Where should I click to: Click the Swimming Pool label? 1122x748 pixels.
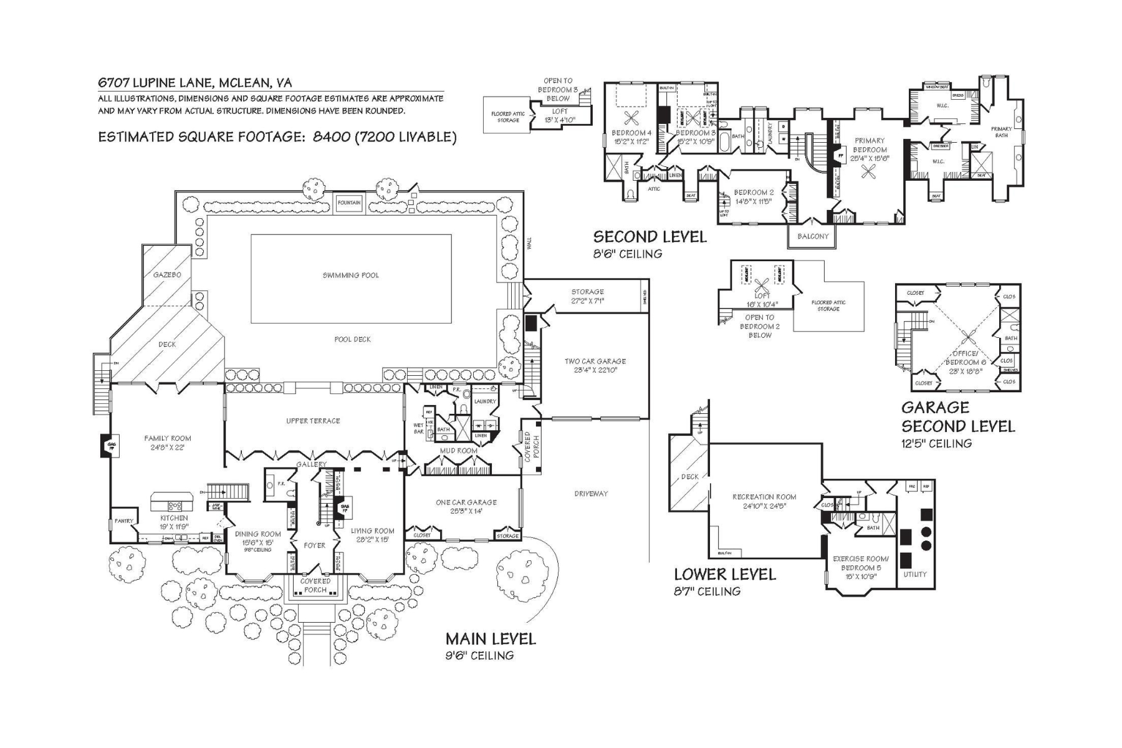pyautogui.click(x=350, y=275)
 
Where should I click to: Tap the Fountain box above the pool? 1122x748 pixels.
pyautogui.click(x=349, y=203)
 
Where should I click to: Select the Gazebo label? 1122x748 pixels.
pyautogui.click(x=167, y=275)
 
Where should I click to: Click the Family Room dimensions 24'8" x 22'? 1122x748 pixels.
pyautogui.click(x=168, y=447)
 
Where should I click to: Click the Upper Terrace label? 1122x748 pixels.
pyautogui.click(x=313, y=421)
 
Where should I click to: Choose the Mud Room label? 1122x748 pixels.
pyautogui.click(x=458, y=450)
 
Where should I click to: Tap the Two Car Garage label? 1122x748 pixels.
pyautogui.click(x=595, y=361)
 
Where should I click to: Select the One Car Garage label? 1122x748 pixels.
pyautogui.click(x=466, y=502)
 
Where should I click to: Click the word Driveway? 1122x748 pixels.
pyautogui.click(x=590, y=493)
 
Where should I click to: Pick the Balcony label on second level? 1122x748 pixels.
pyautogui.click(x=813, y=236)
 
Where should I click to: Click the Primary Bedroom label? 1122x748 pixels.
pyautogui.click(x=870, y=145)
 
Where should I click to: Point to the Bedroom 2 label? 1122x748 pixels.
pyautogui.click(x=754, y=193)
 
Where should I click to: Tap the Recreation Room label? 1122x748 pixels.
pyautogui.click(x=764, y=497)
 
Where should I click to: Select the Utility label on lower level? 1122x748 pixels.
pyautogui.click(x=915, y=574)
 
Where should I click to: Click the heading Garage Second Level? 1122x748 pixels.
pyautogui.click(x=957, y=417)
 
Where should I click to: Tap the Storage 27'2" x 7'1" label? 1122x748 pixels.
pyautogui.click(x=587, y=292)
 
